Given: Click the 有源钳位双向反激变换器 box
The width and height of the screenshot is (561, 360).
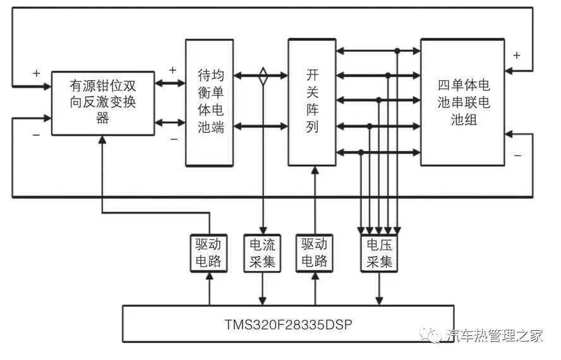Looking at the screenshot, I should [102, 102].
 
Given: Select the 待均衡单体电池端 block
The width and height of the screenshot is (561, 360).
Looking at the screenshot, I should [210, 102].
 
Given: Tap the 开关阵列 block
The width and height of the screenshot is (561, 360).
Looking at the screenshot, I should [312, 102].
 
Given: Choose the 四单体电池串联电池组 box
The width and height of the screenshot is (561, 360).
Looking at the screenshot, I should [463, 102].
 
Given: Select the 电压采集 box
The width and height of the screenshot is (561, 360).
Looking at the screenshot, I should [378, 253].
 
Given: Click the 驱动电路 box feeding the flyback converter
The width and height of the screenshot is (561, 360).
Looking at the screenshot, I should [208, 253].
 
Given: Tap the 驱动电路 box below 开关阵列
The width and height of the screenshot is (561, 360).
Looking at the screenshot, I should [314, 253].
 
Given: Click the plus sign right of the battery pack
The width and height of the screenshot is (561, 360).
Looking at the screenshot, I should [517, 55].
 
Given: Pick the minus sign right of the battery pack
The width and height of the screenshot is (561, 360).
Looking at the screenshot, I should [517, 154].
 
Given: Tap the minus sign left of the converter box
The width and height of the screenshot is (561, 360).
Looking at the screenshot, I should [36, 135].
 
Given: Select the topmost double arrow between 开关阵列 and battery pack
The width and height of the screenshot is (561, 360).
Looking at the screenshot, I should [378, 51].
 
